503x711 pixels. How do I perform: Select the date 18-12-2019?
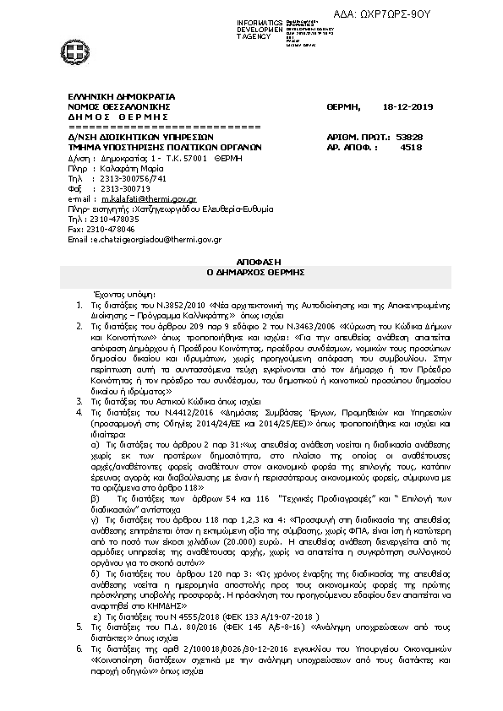(407, 107)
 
